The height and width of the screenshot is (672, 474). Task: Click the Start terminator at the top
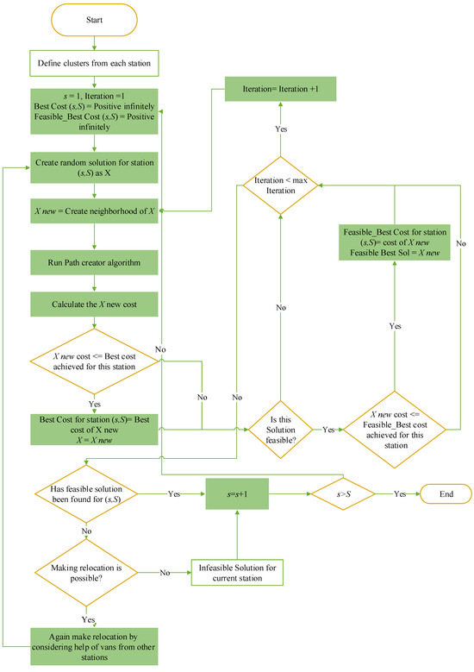pyautogui.click(x=95, y=19)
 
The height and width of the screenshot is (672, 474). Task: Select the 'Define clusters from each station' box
pyautogui.click(x=95, y=62)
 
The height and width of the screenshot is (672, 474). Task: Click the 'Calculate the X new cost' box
pyautogui.click(x=95, y=304)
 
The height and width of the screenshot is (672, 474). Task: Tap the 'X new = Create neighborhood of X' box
pyautogui.click(x=95, y=210)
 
